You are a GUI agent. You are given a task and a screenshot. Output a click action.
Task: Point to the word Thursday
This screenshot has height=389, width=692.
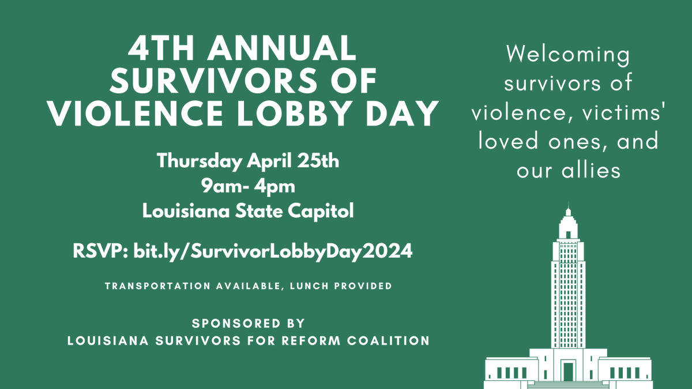[x=198, y=161]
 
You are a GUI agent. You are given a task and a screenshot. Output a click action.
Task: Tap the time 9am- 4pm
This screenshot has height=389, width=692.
[x=248, y=186]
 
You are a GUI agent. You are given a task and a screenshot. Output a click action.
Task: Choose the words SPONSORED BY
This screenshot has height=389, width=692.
[x=248, y=323]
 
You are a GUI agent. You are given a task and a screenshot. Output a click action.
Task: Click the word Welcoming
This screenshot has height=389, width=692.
[x=567, y=56]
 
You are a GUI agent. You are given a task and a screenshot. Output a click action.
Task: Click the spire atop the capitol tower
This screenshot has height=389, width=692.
[x=568, y=206]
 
